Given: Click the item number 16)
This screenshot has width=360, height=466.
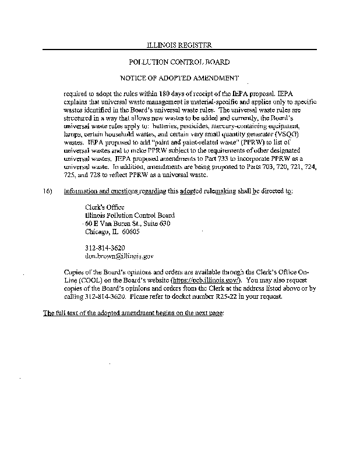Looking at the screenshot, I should pyautogui.click(x=48, y=191).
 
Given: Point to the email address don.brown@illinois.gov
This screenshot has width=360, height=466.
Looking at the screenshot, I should pyautogui.click(x=119, y=256).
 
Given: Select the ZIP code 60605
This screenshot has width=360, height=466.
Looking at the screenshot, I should pyautogui.click(x=129, y=231).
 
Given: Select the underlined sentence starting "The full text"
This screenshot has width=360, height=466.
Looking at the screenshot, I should pyautogui.click(x=133, y=313).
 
